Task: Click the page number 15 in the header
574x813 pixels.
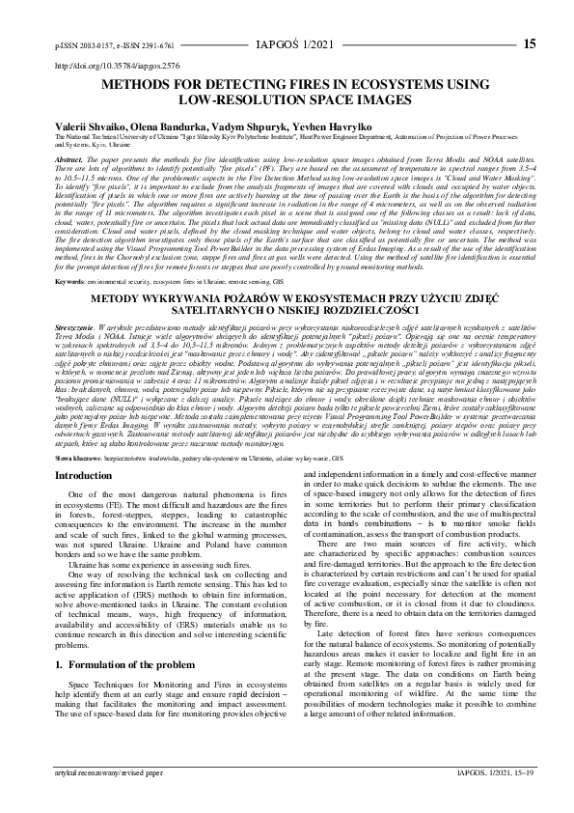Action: click(529, 43)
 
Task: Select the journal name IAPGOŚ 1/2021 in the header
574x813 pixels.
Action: click(287, 44)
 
